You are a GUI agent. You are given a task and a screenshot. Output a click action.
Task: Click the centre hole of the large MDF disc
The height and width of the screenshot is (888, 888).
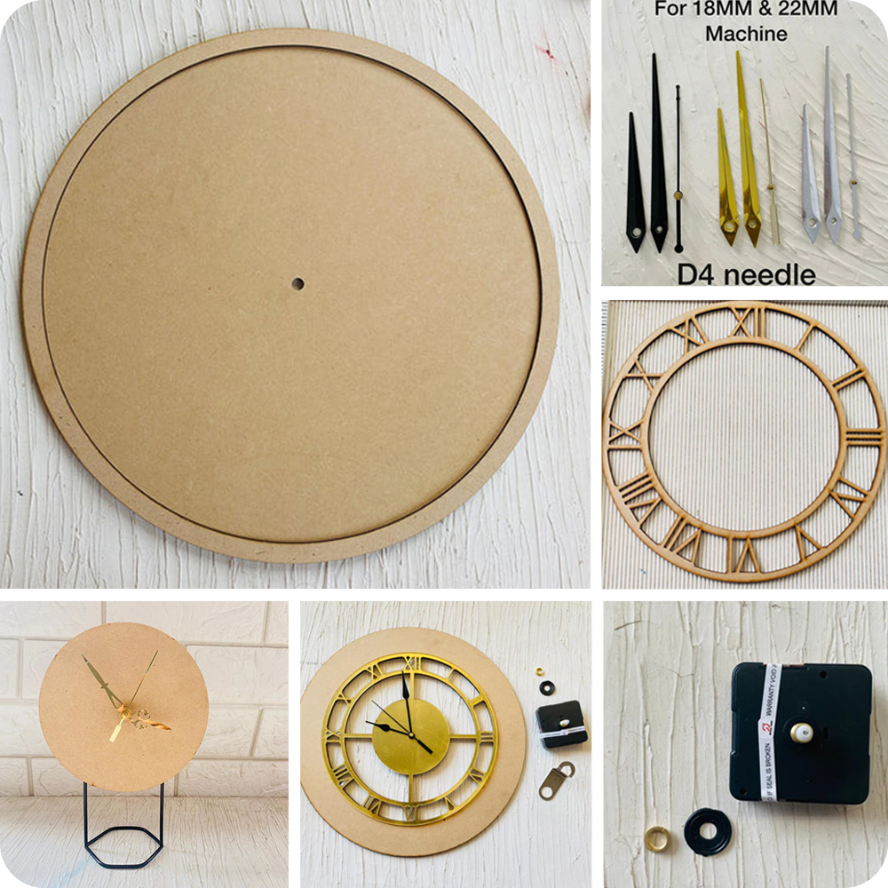297,284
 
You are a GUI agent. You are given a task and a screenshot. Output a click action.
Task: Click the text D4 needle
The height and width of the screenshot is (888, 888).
746,274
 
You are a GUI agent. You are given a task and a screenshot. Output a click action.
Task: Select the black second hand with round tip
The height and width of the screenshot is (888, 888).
678,169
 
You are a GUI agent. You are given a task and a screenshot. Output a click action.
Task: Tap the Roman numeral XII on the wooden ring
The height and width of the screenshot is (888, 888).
744,321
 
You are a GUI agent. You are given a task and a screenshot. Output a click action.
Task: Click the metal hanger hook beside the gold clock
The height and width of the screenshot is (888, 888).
556,781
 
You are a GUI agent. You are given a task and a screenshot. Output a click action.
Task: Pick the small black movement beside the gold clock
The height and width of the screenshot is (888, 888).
562,721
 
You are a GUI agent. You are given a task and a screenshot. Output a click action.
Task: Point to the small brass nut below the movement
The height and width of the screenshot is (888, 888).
658,836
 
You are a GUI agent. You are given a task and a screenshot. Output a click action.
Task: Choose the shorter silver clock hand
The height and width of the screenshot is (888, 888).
810,178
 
